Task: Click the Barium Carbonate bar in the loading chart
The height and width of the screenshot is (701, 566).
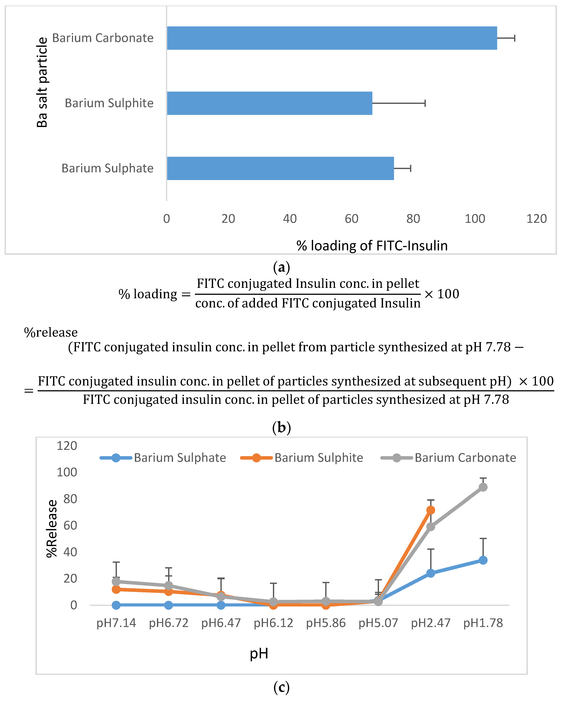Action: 332,38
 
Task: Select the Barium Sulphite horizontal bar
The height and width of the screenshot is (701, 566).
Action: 269,103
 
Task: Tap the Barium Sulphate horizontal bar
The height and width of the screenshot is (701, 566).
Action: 280,169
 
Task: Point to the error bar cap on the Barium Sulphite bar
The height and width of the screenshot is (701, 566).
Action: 425,103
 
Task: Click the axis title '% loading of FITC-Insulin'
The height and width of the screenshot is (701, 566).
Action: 372,246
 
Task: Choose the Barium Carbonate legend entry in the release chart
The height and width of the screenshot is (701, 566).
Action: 449,458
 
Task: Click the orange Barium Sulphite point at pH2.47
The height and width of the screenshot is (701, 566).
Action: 430,510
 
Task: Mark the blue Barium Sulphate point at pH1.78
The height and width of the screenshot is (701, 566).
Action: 483,560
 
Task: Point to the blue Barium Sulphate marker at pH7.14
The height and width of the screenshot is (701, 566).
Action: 116,605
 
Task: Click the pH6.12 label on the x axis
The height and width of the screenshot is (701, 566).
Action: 273,623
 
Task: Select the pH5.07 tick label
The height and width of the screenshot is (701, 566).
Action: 378,623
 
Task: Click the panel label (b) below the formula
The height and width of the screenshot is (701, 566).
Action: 281,427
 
